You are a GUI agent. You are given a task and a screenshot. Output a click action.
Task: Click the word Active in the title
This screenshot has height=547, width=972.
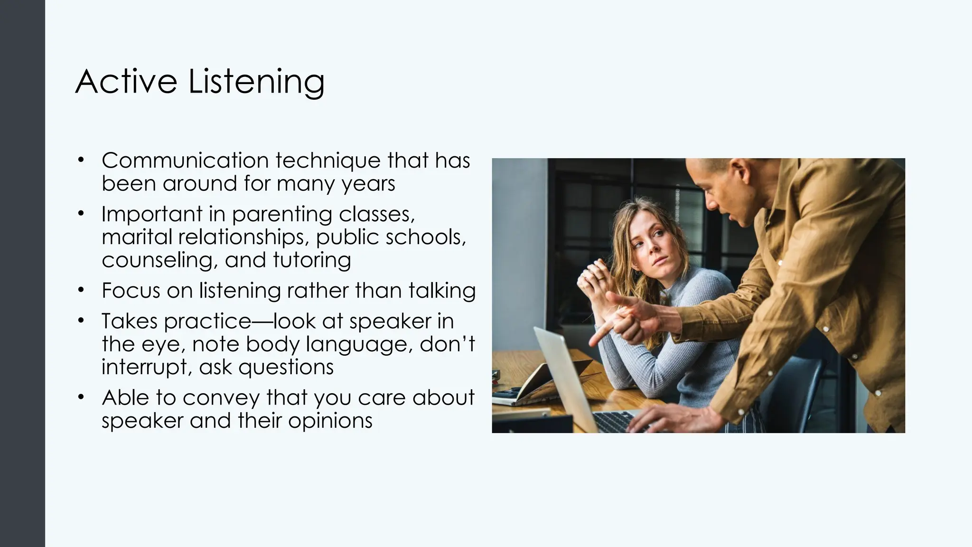click(127, 82)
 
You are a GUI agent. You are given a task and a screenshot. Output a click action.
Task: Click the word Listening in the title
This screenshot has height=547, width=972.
click(256, 83)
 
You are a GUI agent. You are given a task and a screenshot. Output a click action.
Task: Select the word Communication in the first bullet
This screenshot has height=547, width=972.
click(185, 160)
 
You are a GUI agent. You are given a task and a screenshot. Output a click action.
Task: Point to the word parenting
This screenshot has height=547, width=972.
click(282, 215)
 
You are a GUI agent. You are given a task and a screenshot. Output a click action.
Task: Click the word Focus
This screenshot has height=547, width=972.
click(131, 291)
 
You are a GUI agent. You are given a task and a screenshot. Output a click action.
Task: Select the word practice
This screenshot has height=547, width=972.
click(206, 321)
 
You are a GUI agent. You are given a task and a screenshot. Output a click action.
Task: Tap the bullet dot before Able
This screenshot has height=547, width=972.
click(81, 396)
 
